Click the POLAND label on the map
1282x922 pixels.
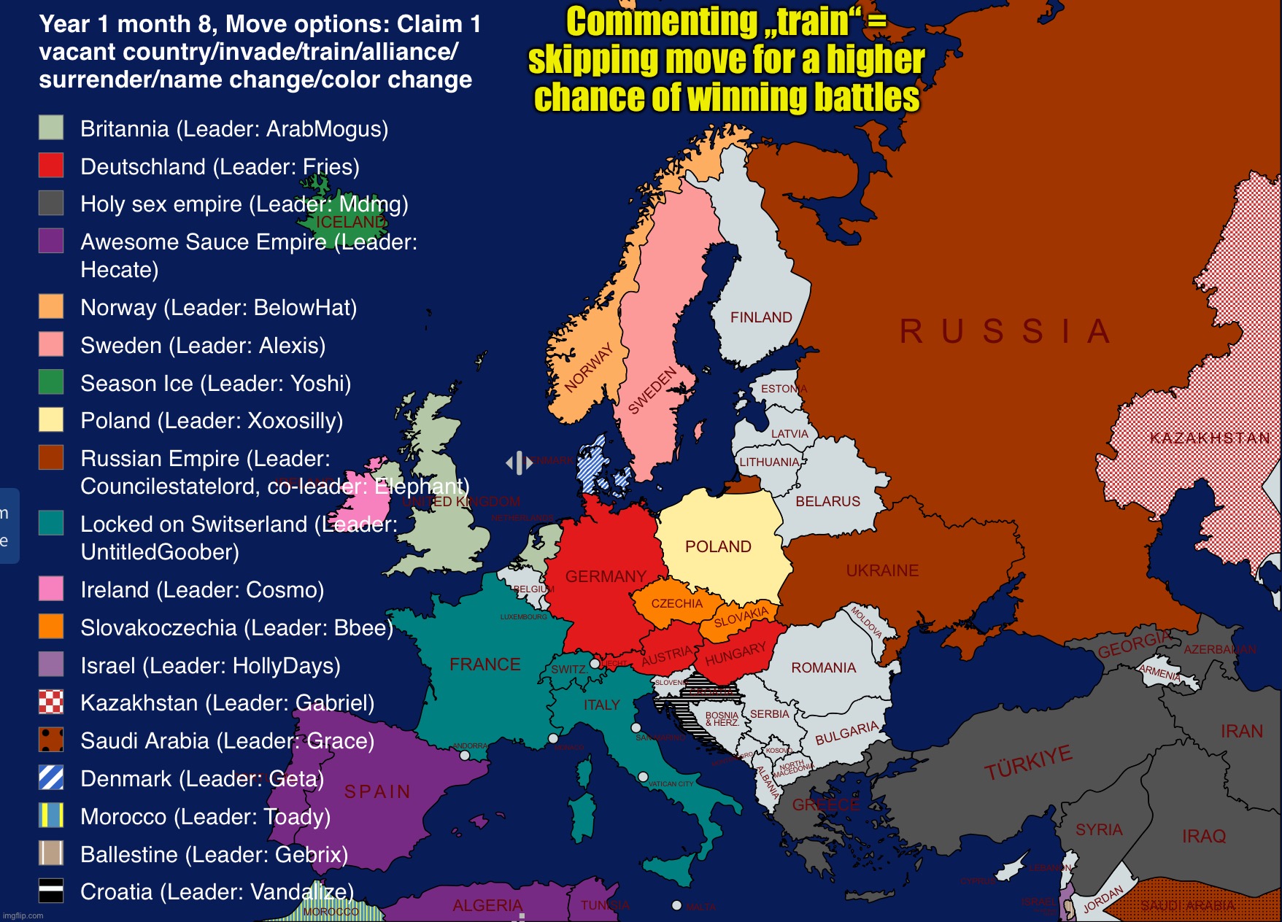718,546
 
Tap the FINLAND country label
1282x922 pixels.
761,317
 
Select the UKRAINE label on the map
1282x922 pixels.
882,570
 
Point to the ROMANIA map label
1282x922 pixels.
823,667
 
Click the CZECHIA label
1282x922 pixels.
676,603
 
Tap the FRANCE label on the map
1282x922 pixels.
484,665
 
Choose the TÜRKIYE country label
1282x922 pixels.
1028,762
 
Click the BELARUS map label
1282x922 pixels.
827,501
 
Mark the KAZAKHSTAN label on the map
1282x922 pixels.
1210,438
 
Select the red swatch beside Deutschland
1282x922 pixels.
51,166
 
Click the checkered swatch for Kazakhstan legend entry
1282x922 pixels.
51,702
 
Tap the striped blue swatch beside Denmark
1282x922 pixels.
51,778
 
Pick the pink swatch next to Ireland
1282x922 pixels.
51,589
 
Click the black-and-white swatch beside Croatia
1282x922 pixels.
51,891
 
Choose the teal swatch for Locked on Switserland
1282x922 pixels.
51,523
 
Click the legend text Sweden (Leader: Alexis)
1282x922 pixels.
203,345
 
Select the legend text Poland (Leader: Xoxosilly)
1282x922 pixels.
212,421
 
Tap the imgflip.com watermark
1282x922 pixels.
23,915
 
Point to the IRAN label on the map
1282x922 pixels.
1241,731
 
